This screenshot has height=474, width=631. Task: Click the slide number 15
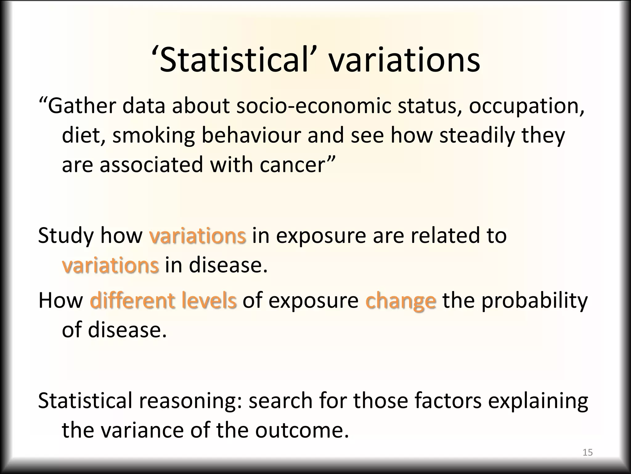click(x=588, y=452)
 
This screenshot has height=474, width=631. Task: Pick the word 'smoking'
click(x=153, y=136)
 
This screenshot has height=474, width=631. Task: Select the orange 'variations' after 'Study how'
click(x=197, y=235)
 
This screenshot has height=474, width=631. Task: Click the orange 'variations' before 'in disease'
click(x=110, y=265)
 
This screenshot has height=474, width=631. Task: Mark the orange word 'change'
click(x=401, y=301)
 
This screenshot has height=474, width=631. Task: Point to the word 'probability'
click(x=535, y=301)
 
